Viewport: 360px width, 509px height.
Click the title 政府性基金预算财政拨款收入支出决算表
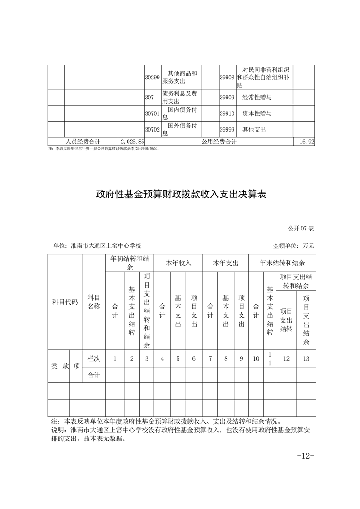180,195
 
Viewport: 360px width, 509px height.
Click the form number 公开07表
301,228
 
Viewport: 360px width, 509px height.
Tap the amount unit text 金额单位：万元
294,245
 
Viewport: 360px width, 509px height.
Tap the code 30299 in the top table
152,78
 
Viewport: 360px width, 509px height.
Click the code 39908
227,78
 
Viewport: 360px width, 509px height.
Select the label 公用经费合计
219,142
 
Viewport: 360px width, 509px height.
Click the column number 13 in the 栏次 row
306,358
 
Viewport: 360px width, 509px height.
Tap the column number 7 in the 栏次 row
210,358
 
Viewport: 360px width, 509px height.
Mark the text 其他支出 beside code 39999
254,129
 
